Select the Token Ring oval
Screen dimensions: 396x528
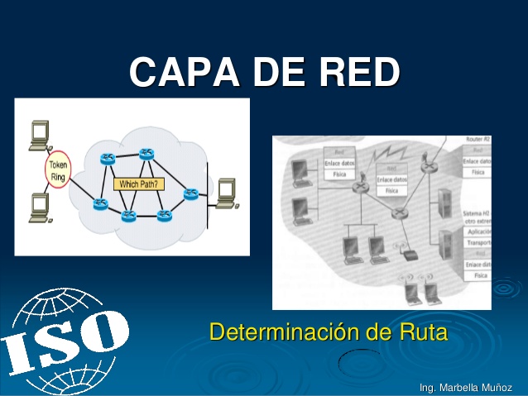[x=59, y=171]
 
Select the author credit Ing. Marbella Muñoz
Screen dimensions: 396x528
[x=466, y=387]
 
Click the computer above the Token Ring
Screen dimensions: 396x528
[x=39, y=136]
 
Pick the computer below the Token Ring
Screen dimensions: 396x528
[x=39, y=208]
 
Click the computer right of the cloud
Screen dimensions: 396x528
[x=225, y=193]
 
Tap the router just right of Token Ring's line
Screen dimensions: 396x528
[x=107, y=160]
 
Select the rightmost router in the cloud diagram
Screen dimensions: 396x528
[x=191, y=193]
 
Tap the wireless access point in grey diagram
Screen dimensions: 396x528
[x=408, y=249]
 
